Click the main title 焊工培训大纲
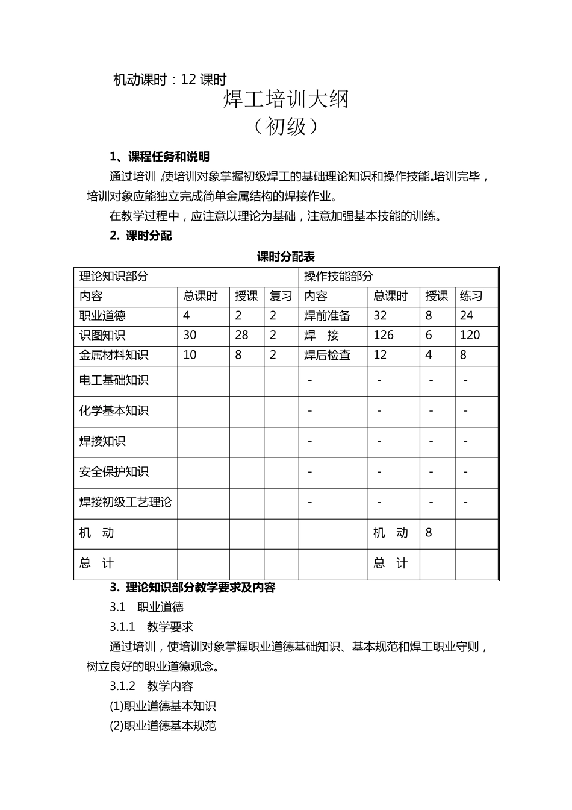coord(286,99)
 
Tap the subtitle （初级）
coord(286,126)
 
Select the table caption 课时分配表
coord(286,257)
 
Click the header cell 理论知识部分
coord(114,277)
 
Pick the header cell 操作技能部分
coord(338,277)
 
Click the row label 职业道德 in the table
coord(102,316)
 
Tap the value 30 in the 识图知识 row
coord(190,336)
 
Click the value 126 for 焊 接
coord(384,336)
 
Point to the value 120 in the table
coord(470,336)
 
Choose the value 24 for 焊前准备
coord(467,316)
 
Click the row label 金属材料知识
coord(114,356)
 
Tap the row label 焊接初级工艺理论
coord(125,503)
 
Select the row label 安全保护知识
coord(114,472)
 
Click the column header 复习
coord(281,297)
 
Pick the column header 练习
coord(471,297)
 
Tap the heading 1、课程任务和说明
coord(160,157)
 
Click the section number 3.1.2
coord(123,686)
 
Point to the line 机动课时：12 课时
coord(170,80)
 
